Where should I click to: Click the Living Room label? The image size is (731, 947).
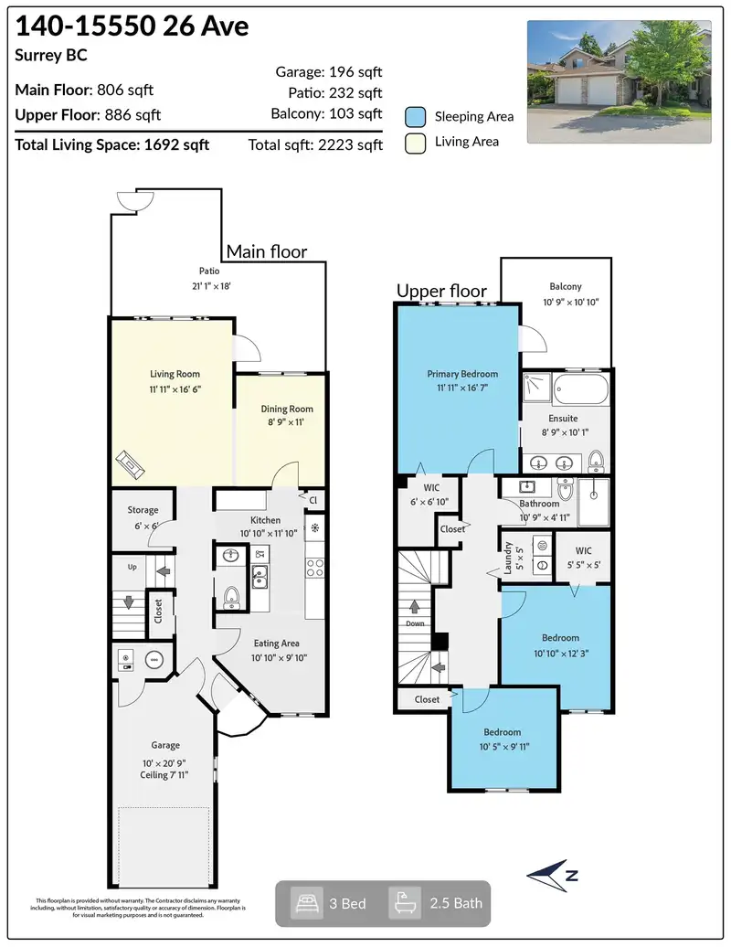click(x=175, y=374)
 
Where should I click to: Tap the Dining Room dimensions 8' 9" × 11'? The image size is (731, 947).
click(x=286, y=422)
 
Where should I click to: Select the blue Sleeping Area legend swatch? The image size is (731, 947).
click(x=416, y=117)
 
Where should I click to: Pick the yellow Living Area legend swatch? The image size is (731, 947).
click(x=416, y=144)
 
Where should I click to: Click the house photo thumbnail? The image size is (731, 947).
click(x=619, y=81)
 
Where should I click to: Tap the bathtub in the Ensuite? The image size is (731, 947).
click(x=581, y=389)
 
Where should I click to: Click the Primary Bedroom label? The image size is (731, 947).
click(x=462, y=374)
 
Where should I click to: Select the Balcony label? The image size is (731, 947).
click(x=566, y=286)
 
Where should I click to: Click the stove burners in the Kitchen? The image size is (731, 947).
click(x=314, y=567)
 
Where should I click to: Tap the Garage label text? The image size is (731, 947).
click(x=165, y=745)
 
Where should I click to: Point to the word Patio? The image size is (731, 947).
click(x=209, y=271)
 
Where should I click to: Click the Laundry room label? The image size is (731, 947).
click(x=508, y=557)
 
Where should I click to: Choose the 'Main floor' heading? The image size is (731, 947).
click(x=267, y=251)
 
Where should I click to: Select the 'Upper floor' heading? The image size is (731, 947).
click(x=441, y=291)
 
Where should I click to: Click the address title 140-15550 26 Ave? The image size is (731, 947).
click(x=132, y=26)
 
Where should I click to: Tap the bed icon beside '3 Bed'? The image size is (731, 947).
click(x=306, y=903)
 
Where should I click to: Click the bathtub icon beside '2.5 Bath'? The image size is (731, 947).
click(x=404, y=903)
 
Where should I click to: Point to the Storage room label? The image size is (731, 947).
click(x=143, y=510)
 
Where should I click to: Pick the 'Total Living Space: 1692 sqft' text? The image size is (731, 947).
click(x=112, y=145)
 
